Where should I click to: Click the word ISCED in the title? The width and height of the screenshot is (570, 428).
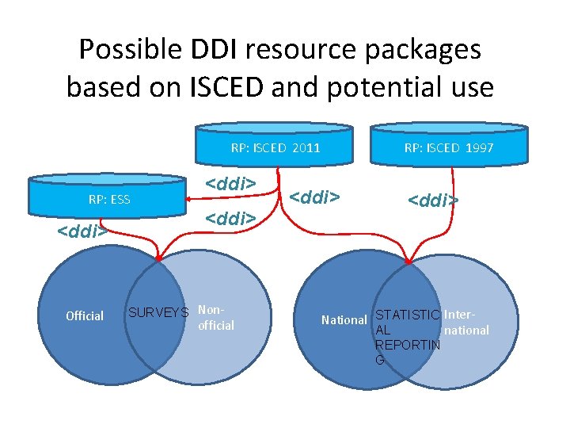217,86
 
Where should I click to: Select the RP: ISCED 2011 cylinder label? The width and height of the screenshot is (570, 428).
275,147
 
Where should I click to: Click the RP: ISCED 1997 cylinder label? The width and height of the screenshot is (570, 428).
449,147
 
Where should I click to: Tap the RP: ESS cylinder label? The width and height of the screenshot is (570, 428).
109,199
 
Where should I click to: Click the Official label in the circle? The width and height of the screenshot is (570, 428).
85,316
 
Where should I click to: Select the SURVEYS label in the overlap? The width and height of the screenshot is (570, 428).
158,312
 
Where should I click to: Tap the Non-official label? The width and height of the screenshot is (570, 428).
215,318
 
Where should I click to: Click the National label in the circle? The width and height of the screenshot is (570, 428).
344,320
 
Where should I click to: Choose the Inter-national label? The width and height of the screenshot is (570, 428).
466,323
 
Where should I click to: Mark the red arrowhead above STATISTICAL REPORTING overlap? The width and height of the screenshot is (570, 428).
408,260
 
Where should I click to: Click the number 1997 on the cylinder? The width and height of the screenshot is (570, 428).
480,147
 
